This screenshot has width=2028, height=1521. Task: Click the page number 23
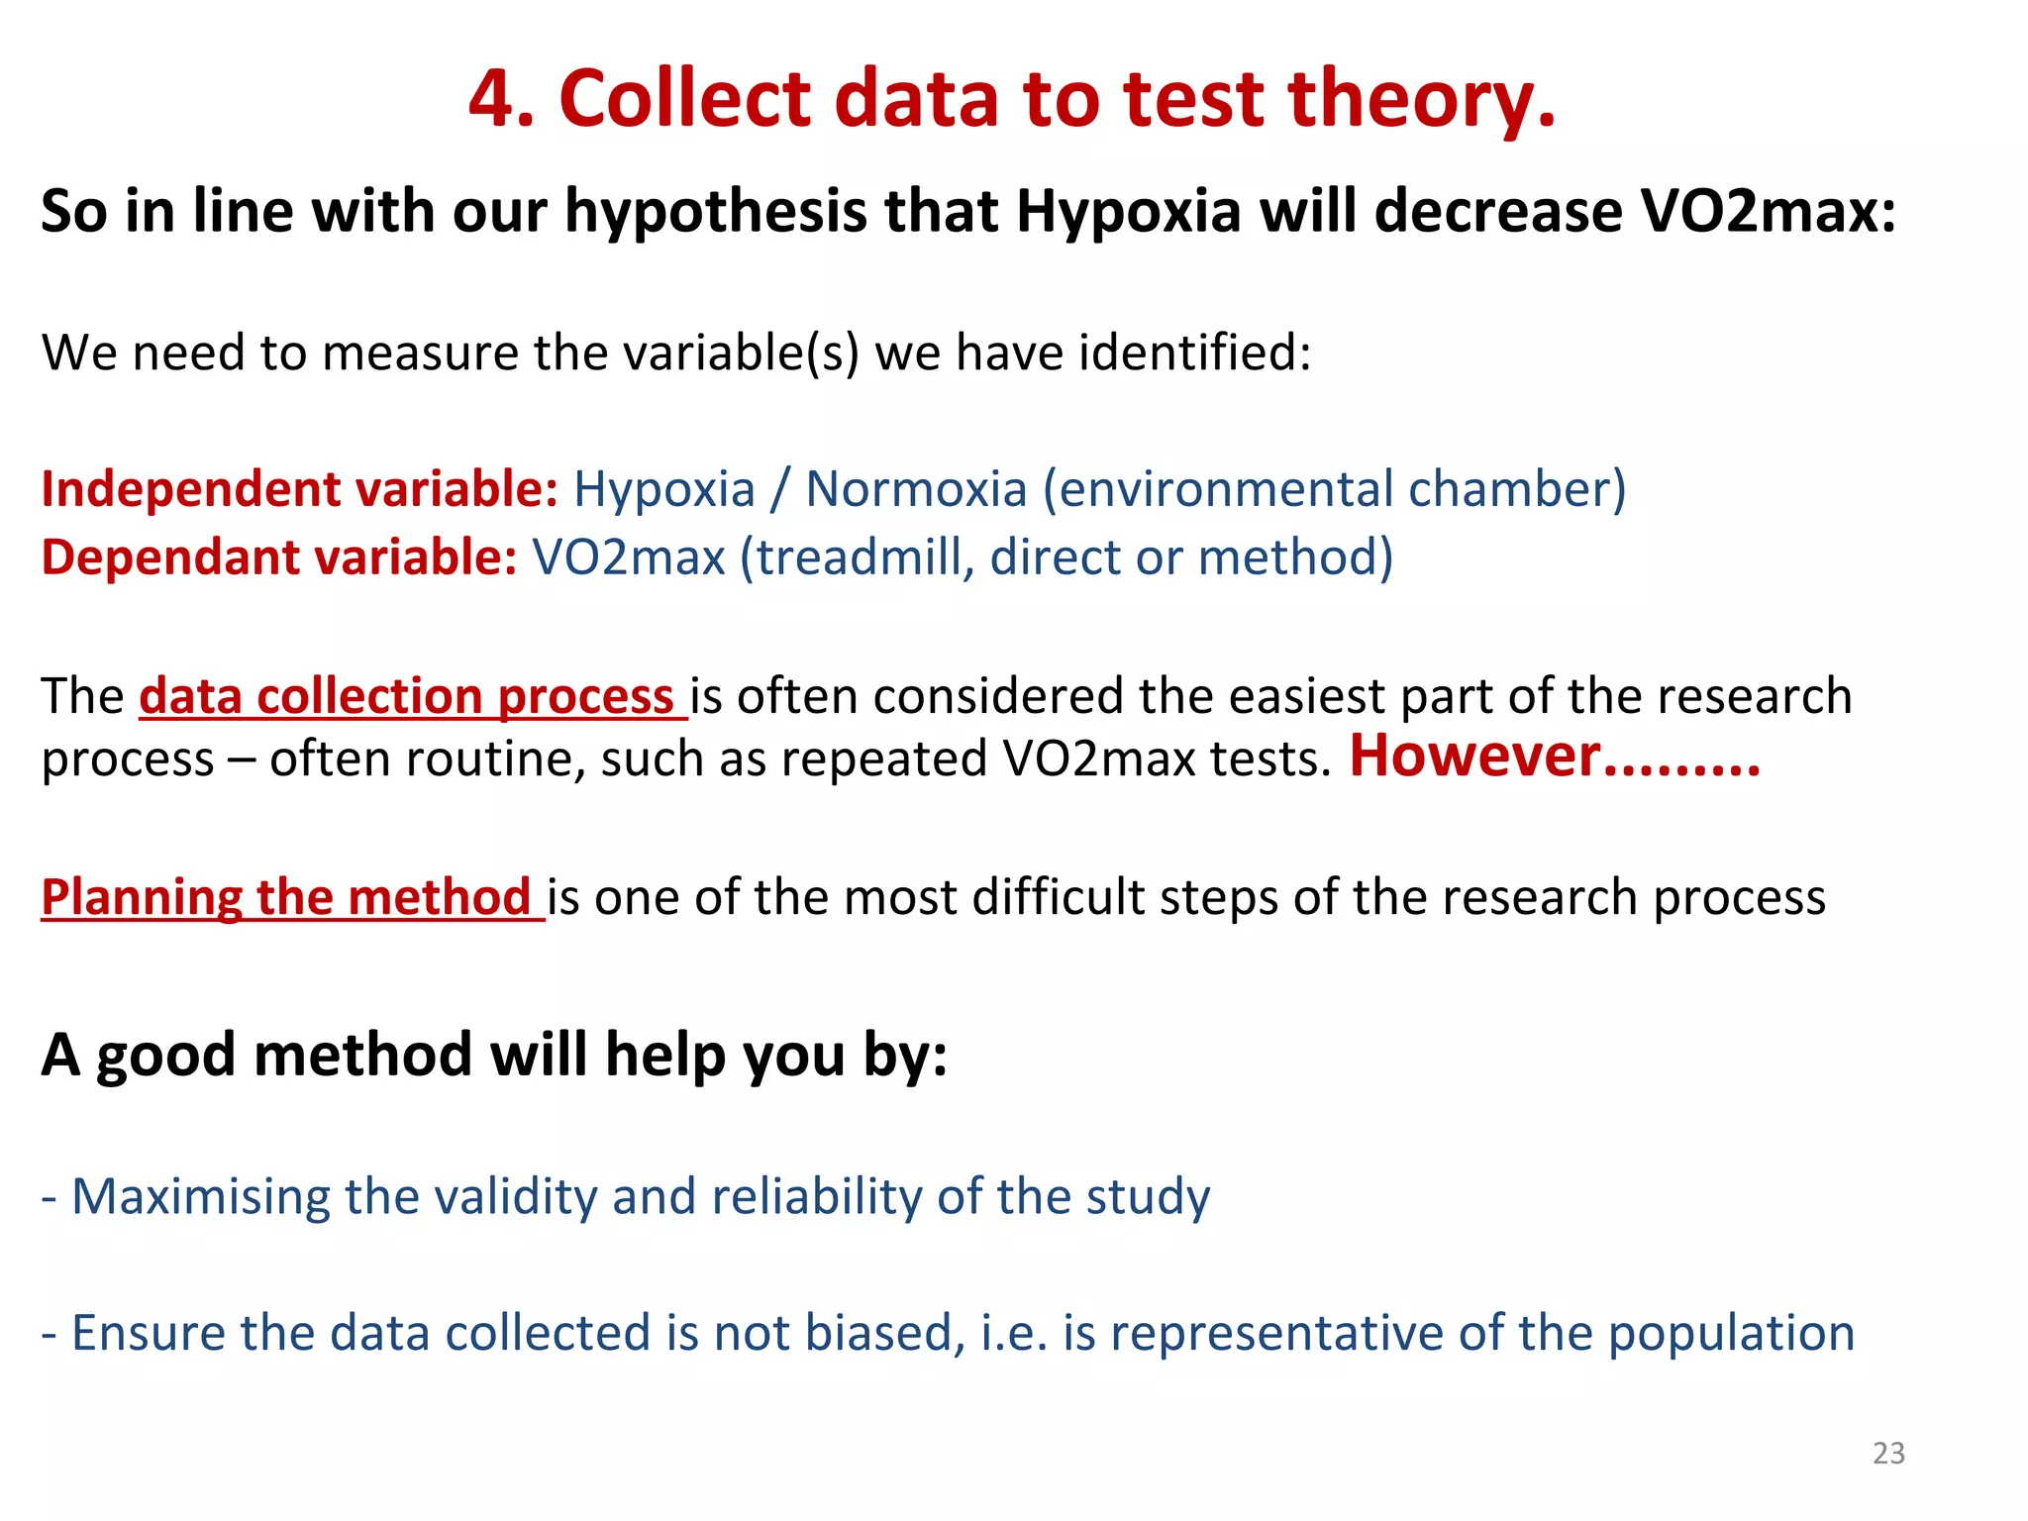(x=1888, y=1453)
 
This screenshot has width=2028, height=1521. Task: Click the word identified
(x=1196, y=353)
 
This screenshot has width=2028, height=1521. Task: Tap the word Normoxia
(x=916, y=489)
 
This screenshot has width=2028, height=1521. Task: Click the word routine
(x=492, y=760)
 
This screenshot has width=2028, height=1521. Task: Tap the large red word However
(x=1475, y=757)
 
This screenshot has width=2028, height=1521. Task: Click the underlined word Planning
(x=142, y=897)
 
